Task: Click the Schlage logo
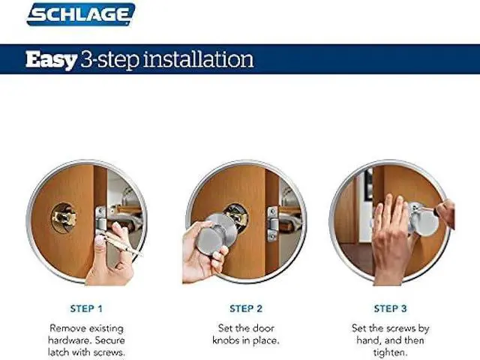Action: click(81, 14)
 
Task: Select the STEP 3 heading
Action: click(391, 308)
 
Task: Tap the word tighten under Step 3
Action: click(390, 352)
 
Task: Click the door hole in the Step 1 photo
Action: click(62, 217)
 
